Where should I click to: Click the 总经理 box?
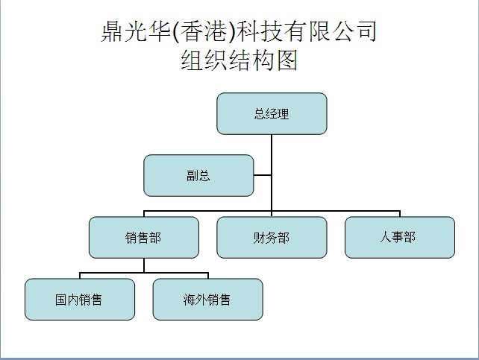click(x=272, y=113)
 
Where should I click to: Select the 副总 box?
click(x=198, y=175)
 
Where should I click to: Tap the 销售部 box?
click(x=143, y=237)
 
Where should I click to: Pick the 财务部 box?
click(x=272, y=237)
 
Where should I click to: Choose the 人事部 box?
click(x=399, y=237)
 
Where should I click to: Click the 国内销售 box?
click(x=80, y=299)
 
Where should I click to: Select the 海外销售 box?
click(x=207, y=299)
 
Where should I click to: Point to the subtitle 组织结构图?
click(x=239, y=60)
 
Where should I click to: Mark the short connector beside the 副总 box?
click(x=263, y=176)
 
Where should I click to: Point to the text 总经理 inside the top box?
click(x=272, y=114)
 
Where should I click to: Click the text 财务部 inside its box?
click(x=272, y=238)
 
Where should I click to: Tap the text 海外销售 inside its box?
click(x=207, y=300)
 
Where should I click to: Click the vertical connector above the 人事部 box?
click(x=400, y=214)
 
